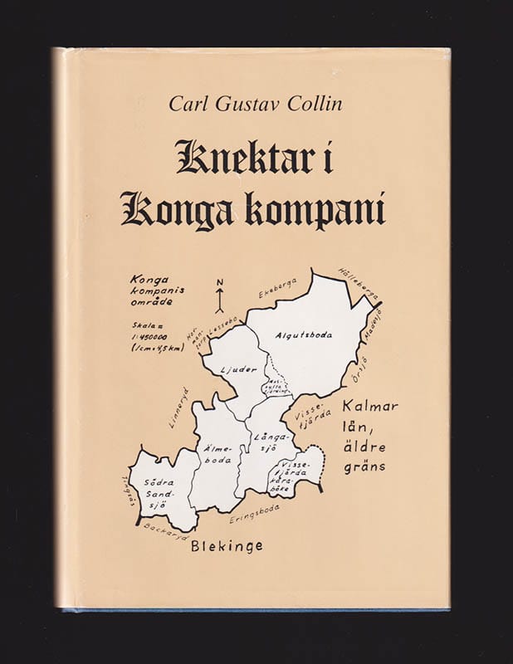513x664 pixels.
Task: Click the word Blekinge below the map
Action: point(227,546)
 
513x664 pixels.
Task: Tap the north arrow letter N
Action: point(220,283)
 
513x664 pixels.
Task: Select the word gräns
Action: point(362,467)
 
